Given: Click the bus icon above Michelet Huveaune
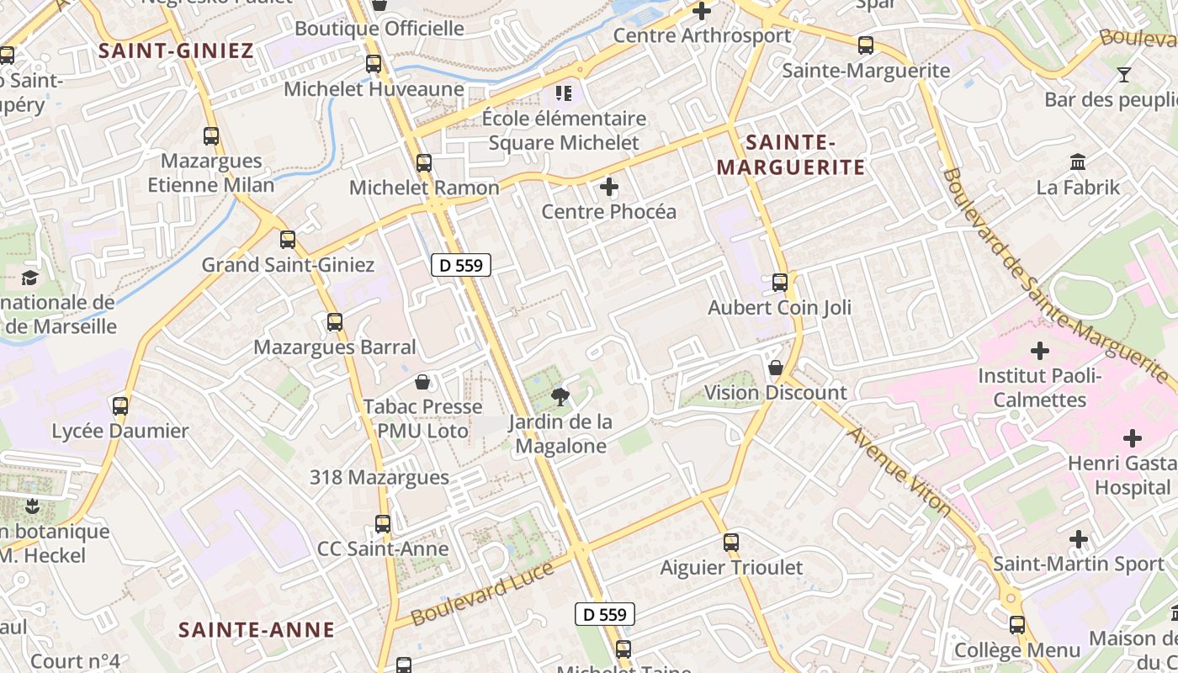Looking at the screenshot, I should (x=374, y=64).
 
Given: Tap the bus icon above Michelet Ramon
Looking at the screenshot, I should (x=424, y=163).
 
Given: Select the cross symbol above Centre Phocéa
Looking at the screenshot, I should (x=609, y=186).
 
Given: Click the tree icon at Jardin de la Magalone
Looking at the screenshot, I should (x=558, y=395).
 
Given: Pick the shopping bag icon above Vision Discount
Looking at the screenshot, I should (x=776, y=368).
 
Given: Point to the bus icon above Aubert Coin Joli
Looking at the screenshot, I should (x=780, y=283).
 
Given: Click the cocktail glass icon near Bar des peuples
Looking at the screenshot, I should (x=1124, y=75).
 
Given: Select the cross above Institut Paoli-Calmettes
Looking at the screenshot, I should (x=1040, y=350).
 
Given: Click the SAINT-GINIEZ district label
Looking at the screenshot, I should (x=176, y=50).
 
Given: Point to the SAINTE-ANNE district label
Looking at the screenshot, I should (x=257, y=629).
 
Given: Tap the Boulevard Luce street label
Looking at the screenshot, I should (x=483, y=594).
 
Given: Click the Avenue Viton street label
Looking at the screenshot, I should (x=899, y=471).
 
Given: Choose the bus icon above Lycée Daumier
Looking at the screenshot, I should (x=120, y=406).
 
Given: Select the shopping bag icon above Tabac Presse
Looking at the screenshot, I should (x=422, y=383).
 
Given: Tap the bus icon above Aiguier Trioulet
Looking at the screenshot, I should (x=731, y=543).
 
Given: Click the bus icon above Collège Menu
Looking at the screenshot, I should (x=1017, y=625).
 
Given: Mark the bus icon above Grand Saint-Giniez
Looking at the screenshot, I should (x=288, y=240).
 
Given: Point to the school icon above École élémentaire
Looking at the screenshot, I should (x=563, y=93).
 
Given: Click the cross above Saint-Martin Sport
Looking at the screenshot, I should (x=1079, y=538).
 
